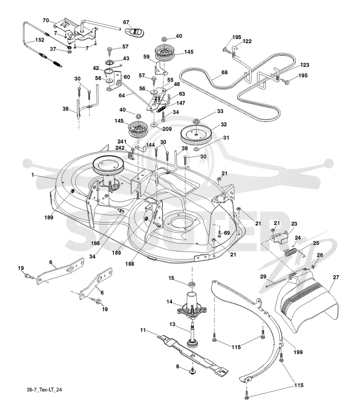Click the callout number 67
[x=126, y=22]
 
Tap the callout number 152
[x=40, y=40]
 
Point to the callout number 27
[x=336, y=277]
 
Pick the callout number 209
[x=167, y=129]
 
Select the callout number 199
[x=298, y=352]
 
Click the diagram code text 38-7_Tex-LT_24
[x=44, y=390]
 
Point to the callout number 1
[x=33, y=175]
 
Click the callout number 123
[x=305, y=65]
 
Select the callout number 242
[x=120, y=148]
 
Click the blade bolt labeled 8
[x=192, y=371]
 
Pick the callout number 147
[x=180, y=103]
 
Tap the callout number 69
[x=227, y=233]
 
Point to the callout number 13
[x=172, y=324]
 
